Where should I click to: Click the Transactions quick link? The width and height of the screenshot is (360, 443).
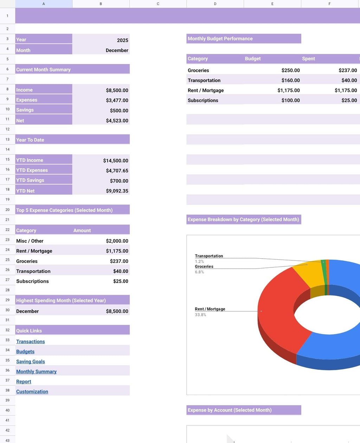31,341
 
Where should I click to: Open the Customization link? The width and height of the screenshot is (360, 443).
32,391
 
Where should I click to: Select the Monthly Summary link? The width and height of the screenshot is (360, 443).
36,371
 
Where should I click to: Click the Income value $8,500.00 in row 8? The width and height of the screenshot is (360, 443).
117,90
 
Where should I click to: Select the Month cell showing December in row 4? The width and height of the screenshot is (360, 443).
117,50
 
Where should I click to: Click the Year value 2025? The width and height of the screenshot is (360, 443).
122,40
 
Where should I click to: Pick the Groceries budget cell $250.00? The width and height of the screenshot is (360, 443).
290,70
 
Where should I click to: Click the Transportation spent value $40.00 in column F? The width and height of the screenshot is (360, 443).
349,80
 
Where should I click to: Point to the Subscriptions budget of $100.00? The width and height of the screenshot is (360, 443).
290,100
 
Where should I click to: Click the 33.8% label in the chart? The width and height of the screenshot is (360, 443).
200,315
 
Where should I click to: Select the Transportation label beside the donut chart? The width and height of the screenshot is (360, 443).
209,256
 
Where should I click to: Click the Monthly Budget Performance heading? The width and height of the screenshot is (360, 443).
220,39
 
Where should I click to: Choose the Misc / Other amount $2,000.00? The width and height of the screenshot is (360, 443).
117,241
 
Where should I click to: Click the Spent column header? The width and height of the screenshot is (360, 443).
308,59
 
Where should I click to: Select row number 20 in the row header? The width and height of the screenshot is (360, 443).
7,210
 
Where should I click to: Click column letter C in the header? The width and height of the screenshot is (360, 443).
158,4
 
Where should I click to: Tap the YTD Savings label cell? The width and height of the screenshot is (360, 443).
30,180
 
